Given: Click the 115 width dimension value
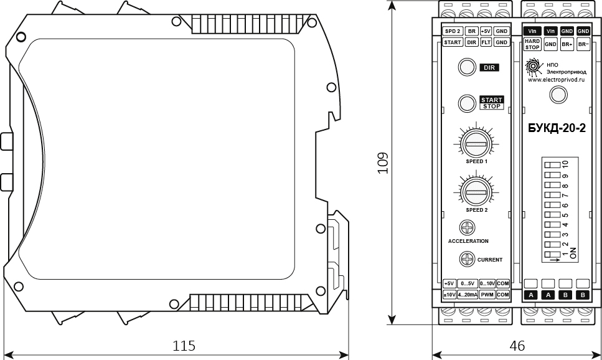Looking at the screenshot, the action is tap(184, 346).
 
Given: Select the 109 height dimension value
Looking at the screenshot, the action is tap(383, 163).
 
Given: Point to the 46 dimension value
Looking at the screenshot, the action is tap(517, 346).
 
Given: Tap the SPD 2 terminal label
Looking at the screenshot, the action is tap(452, 31).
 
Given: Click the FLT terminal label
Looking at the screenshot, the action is tap(486, 42).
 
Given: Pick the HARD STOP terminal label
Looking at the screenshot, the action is tap(532, 44).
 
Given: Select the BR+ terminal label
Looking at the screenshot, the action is tap(567, 44).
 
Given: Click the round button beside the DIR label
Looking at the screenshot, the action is tap(467, 67).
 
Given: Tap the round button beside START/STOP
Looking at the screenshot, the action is tap(467, 103).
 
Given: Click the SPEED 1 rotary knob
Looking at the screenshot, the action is tap(476, 144).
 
